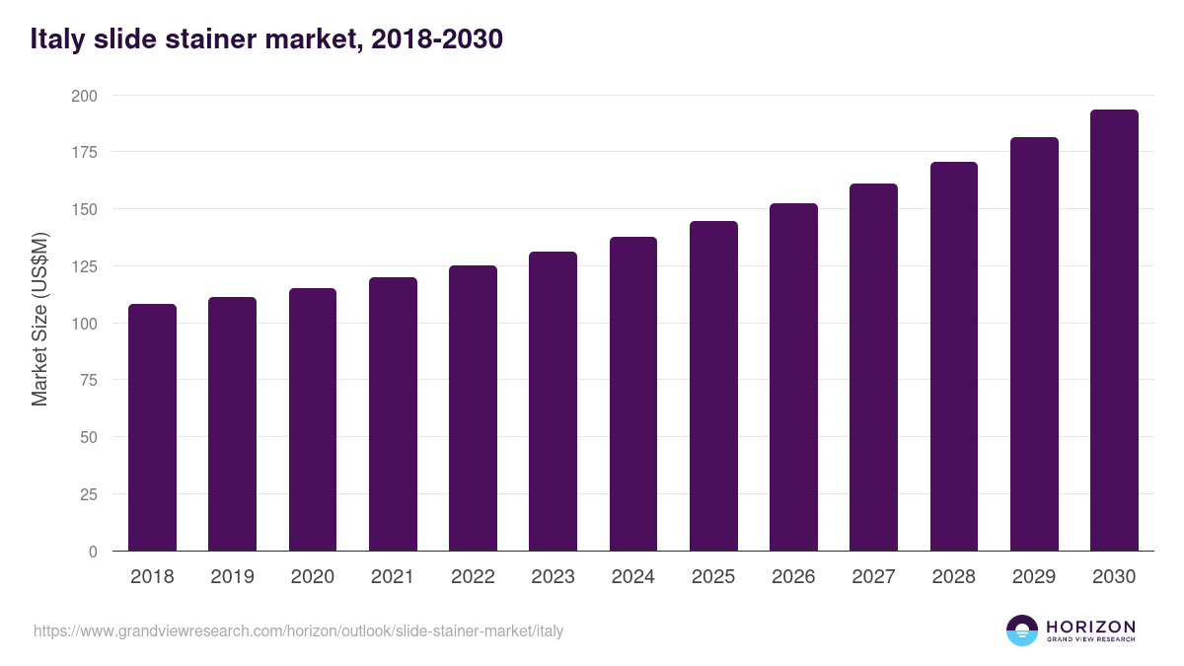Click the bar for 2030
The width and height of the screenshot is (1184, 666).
pos(1114,331)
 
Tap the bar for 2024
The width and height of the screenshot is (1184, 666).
pos(633,394)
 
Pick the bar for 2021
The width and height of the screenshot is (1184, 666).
pos(393,414)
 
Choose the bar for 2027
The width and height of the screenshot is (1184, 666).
pos(873,367)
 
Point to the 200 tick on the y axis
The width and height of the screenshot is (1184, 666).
pos(86,96)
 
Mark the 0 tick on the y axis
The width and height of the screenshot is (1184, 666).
pos(94,552)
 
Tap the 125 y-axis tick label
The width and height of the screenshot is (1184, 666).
pos(86,266)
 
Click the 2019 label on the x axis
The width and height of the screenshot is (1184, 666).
pos(232,577)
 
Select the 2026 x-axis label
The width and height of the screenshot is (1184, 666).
pos(793,577)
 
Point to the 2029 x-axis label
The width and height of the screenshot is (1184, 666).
pos(1034,577)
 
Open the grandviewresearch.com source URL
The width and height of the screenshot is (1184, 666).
pos(298,630)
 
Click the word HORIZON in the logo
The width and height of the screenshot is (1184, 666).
pos(1089,627)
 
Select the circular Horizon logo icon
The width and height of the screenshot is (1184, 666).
pos(1022,630)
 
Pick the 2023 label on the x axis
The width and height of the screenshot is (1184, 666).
pos(553,577)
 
